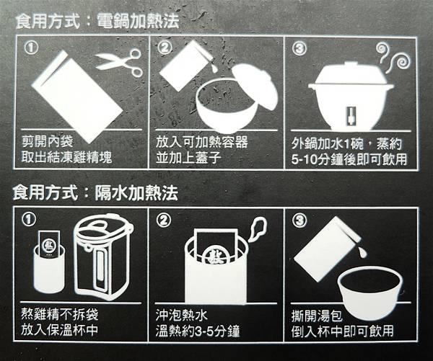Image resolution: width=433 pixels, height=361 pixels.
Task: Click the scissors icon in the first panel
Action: tap(119, 62)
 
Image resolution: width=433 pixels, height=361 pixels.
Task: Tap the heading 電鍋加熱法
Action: tap(138, 21)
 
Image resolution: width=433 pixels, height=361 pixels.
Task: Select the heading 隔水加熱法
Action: tap(136, 193)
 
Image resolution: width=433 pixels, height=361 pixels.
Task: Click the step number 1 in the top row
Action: tap(31, 48)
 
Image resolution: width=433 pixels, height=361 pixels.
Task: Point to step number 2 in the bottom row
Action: tap(164, 220)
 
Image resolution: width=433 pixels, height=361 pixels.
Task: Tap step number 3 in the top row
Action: tap(299, 48)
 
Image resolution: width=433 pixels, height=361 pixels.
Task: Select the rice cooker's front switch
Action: tap(351, 115)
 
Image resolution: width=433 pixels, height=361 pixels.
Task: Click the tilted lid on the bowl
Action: tap(255, 86)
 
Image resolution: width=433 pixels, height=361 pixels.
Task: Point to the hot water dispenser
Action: tap(102, 257)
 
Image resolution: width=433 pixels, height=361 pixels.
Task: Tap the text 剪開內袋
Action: tap(48, 142)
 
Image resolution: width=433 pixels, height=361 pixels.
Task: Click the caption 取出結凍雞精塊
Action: tap(67, 158)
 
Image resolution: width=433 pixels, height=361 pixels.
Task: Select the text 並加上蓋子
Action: tap(188, 158)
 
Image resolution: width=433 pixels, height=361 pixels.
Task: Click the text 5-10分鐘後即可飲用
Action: tap(349, 159)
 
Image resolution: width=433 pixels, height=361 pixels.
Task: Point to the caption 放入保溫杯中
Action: tap(59, 330)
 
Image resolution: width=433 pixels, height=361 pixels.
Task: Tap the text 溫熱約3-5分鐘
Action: tap(198, 331)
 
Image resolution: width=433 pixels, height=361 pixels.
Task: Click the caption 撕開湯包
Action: tap(317, 316)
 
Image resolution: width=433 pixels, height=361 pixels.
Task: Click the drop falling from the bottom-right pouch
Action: tap(362, 252)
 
